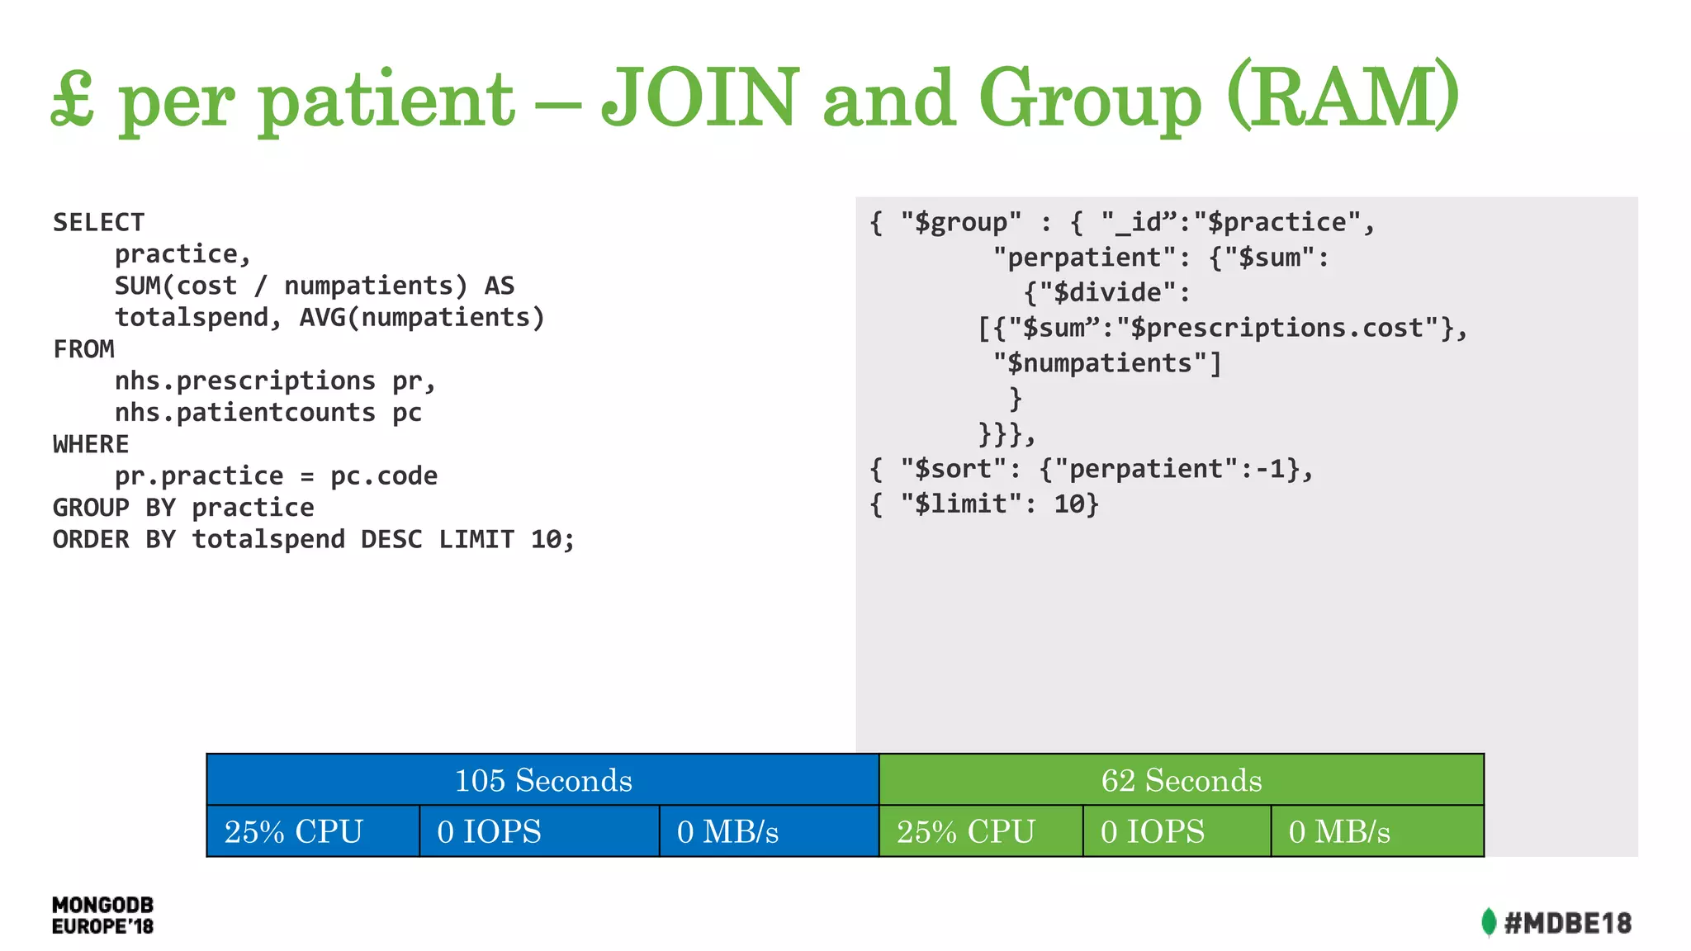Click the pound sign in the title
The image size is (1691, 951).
73,99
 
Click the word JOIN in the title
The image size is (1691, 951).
700,97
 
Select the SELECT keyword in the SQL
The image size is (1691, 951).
98,222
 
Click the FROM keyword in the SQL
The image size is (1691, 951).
83,349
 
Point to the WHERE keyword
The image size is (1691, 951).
91,444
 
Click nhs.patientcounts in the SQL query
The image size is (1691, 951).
245,412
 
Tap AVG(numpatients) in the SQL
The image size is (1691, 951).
422,317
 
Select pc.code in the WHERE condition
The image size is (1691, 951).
384,475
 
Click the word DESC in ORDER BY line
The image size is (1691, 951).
391,539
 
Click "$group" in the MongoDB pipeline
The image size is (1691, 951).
961,222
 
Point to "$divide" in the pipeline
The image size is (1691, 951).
1106,292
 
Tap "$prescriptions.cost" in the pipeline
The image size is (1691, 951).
1278,328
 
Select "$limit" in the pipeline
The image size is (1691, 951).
961,504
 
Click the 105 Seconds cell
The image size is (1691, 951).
542,780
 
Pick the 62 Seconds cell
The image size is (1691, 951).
1181,780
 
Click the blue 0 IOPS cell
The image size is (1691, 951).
538,831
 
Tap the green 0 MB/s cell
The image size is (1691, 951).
1376,831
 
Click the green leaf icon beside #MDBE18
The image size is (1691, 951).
1489,922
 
